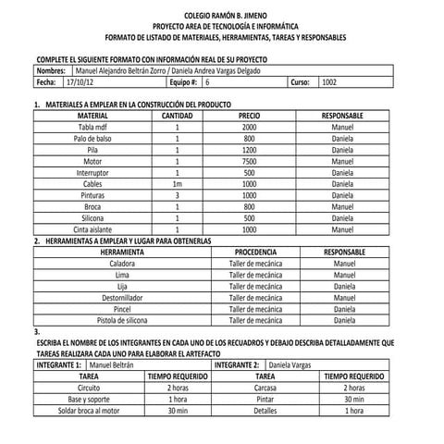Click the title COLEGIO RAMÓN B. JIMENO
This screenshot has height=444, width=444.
222,17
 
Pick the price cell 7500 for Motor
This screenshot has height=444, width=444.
249,161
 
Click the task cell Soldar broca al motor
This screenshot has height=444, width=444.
89,411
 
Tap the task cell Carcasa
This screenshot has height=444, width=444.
265,388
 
